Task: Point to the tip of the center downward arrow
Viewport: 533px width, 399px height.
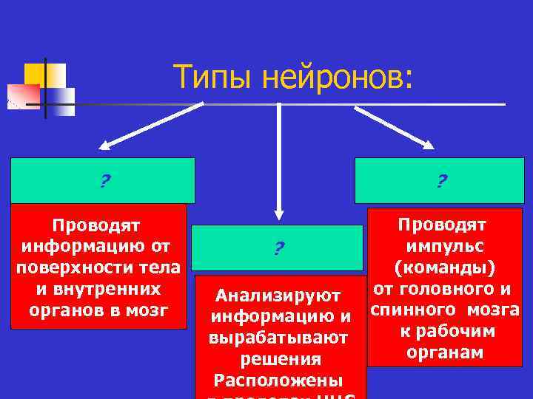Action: [278, 219]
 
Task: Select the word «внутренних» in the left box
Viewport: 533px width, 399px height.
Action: [96, 286]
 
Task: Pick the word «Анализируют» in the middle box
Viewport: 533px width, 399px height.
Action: [278, 297]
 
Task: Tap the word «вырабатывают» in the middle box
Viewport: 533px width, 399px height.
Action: [278, 339]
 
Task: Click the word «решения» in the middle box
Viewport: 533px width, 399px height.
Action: [281, 360]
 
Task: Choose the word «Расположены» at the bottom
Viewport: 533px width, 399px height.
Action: [278, 381]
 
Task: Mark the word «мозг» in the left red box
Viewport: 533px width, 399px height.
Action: [152, 307]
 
